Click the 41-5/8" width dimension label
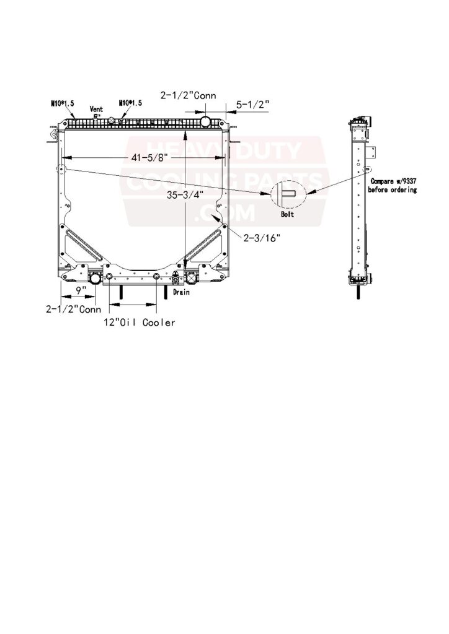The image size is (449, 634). point(149,158)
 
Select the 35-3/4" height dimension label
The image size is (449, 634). point(185,195)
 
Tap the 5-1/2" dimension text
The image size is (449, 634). point(252,104)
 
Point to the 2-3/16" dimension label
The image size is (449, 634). point(262,238)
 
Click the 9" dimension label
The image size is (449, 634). point(81,290)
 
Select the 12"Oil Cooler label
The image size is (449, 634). point(140,322)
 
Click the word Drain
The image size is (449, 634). point(181,292)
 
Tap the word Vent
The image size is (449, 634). point(96,109)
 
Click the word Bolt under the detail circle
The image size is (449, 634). point(288,214)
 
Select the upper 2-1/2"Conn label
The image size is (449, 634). point(189,96)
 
